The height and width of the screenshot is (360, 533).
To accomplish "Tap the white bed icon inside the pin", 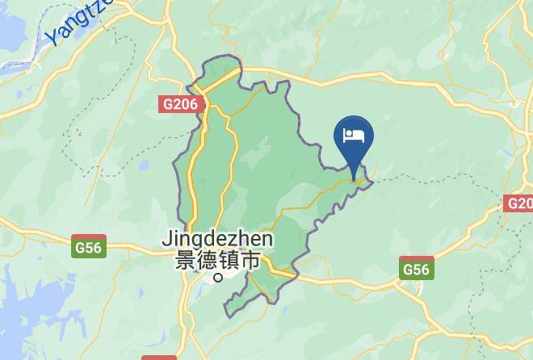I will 355,134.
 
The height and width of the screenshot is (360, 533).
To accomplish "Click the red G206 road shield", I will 179,104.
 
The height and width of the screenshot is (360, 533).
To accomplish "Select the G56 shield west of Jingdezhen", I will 88,247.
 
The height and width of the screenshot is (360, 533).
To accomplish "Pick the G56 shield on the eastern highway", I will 417,269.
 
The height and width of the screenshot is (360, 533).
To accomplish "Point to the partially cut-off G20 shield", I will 520,203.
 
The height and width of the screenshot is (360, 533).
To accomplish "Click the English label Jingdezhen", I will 217,240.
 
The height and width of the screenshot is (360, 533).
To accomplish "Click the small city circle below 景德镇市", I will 217,278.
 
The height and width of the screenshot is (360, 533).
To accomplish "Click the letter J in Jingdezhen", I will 167,240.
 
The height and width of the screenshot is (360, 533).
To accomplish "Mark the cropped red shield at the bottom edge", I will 159,356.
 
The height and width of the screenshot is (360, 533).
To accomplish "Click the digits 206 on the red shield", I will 184,104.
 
